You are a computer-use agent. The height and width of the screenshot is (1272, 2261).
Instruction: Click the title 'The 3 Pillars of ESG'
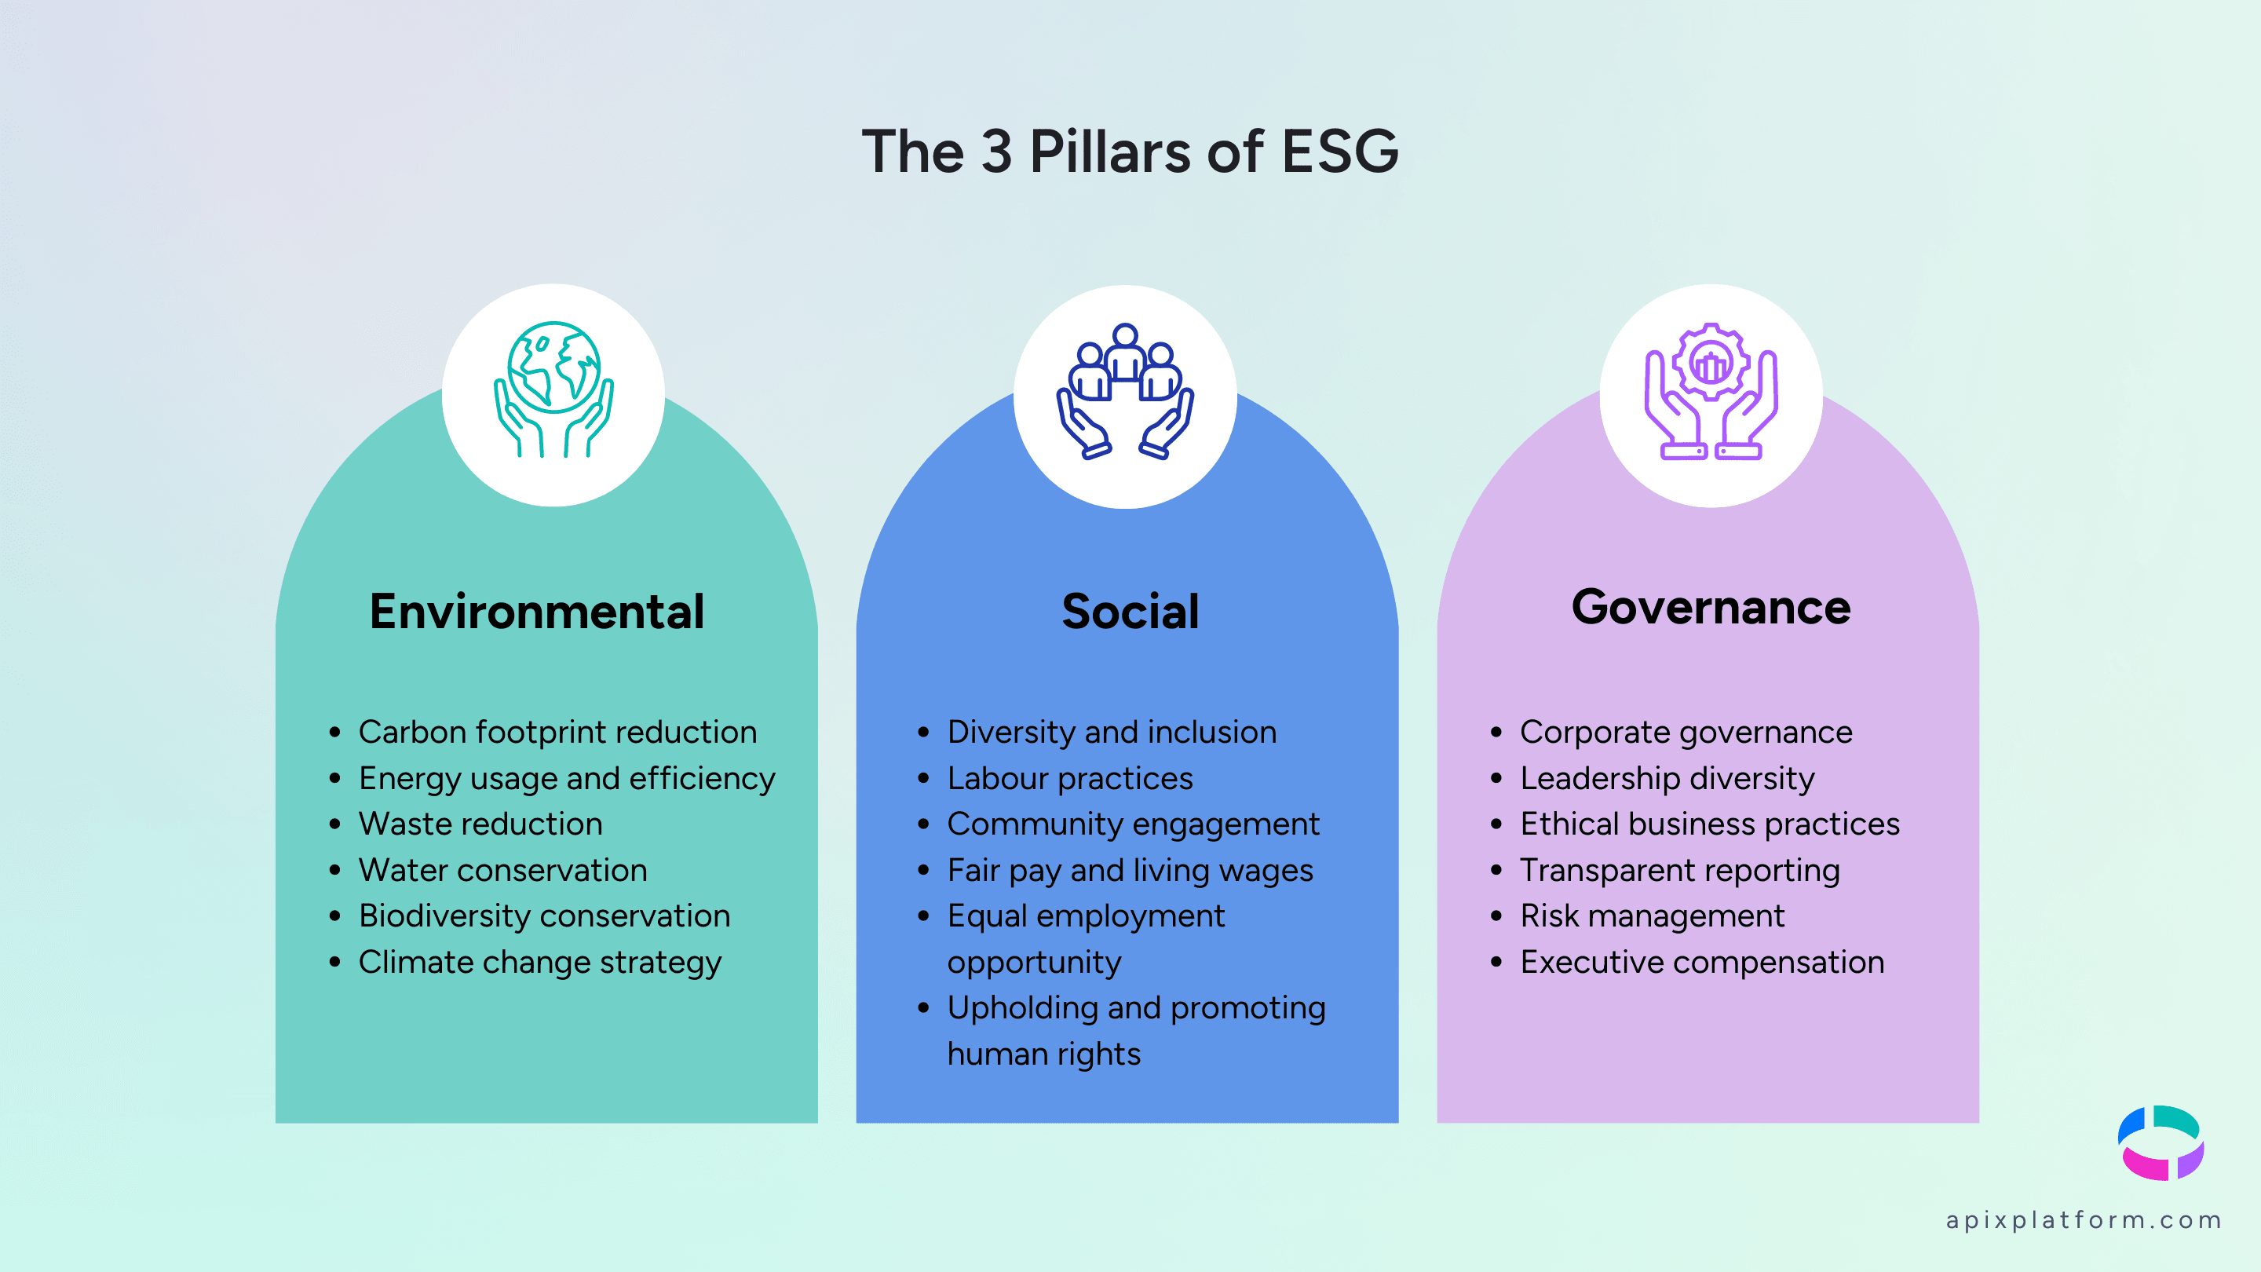pyautogui.click(x=1130, y=151)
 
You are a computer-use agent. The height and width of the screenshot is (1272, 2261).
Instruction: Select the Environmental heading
pyautogui.click(x=536, y=611)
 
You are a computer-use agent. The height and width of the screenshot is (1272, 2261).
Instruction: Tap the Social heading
pyautogui.click(x=1130, y=611)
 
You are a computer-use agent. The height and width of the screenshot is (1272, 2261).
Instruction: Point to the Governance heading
pyautogui.click(x=1711, y=607)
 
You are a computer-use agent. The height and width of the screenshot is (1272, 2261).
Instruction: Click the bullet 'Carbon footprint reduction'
pyautogui.click(x=557, y=732)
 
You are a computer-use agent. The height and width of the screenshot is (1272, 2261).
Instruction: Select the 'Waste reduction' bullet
pyautogui.click(x=480, y=824)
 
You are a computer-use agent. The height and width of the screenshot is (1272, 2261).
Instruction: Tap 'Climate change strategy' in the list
pyautogui.click(x=540, y=962)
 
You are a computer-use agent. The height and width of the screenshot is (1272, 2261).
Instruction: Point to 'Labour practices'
pyautogui.click(x=1070, y=779)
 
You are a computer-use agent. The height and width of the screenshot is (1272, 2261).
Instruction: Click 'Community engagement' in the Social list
pyautogui.click(x=1133, y=824)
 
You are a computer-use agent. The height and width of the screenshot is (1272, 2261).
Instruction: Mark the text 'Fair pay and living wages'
pyautogui.click(x=1130, y=871)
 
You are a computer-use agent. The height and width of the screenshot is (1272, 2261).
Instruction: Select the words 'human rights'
pyautogui.click(x=1043, y=1054)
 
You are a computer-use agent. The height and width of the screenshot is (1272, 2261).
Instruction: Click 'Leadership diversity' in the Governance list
pyautogui.click(x=1667, y=779)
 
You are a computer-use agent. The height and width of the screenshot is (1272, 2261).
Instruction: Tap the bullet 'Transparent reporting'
pyautogui.click(x=1679, y=871)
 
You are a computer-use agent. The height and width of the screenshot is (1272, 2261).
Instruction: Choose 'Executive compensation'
pyautogui.click(x=1702, y=962)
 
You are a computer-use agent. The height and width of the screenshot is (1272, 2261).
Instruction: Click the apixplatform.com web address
pyautogui.click(x=2083, y=1220)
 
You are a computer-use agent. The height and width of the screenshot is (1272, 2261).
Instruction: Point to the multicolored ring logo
pyautogui.click(x=2160, y=1143)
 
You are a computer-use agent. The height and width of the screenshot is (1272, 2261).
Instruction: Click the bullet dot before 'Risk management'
pyautogui.click(x=1496, y=916)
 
